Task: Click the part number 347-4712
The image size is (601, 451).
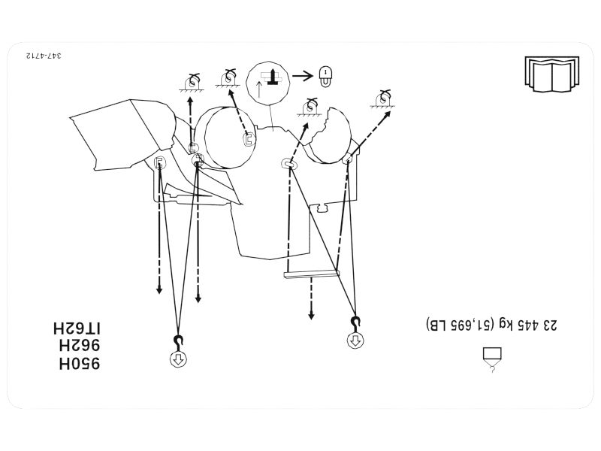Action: pyautogui.click(x=44, y=56)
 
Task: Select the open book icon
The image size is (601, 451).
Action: pyautogui.click(x=552, y=74)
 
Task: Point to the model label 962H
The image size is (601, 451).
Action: pyautogui.click(x=80, y=346)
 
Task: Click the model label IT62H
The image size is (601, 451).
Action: pyautogui.click(x=77, y=328)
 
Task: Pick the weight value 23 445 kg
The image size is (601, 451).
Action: pyautogui.click(x=528, y=325)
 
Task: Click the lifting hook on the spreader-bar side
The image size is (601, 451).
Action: pyautogui.click(x=355, y=324)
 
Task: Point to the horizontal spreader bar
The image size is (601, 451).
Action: pyautogui.click(x=312, y=274)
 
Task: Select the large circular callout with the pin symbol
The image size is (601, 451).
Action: pyautogui.click(x=268, y=83)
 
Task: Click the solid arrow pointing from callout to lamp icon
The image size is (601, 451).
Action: pyautogui.click(x=303, y=76)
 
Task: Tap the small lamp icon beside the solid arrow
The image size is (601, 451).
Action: pyautogui.click(x=325, y=77)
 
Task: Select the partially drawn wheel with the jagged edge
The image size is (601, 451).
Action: pyautogui.click(x=331, y=136)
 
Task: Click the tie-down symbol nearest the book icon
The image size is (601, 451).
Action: pyautogui.click(x=382, y=99)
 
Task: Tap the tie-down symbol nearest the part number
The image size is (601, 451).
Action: pyautogui.click(x=192, y=82)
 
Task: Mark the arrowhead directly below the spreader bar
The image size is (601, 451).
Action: pyautogui.click(x=311, y=316)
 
